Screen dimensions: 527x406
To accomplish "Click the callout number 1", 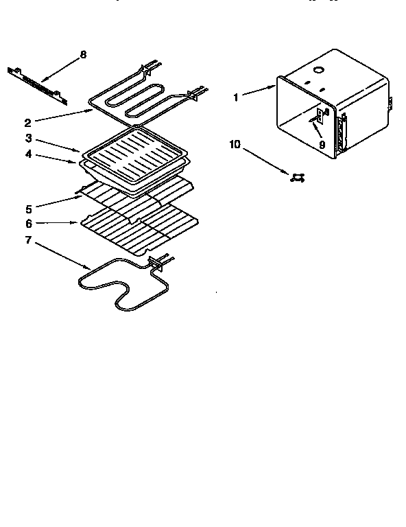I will [235, 97].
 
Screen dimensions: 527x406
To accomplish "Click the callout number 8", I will [83, 54].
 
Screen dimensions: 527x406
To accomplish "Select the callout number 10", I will [235, 145].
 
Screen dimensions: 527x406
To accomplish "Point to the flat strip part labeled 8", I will [38, 82].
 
